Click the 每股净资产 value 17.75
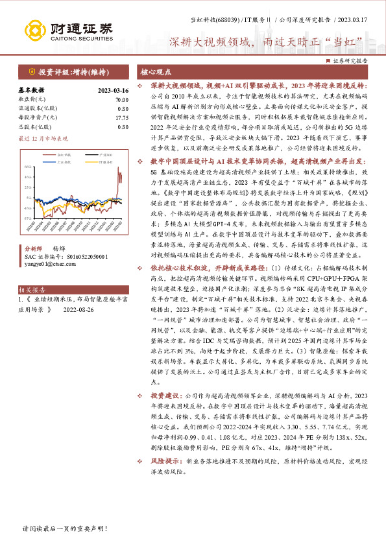[121, 118]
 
